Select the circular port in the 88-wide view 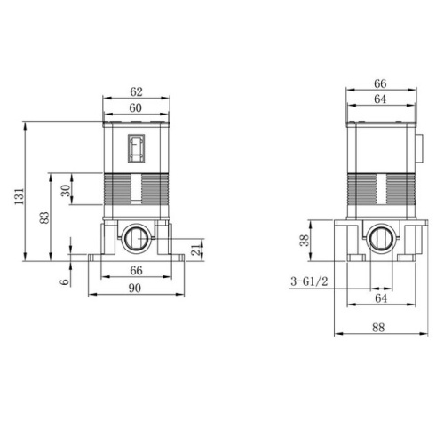[x=383, y=238]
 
